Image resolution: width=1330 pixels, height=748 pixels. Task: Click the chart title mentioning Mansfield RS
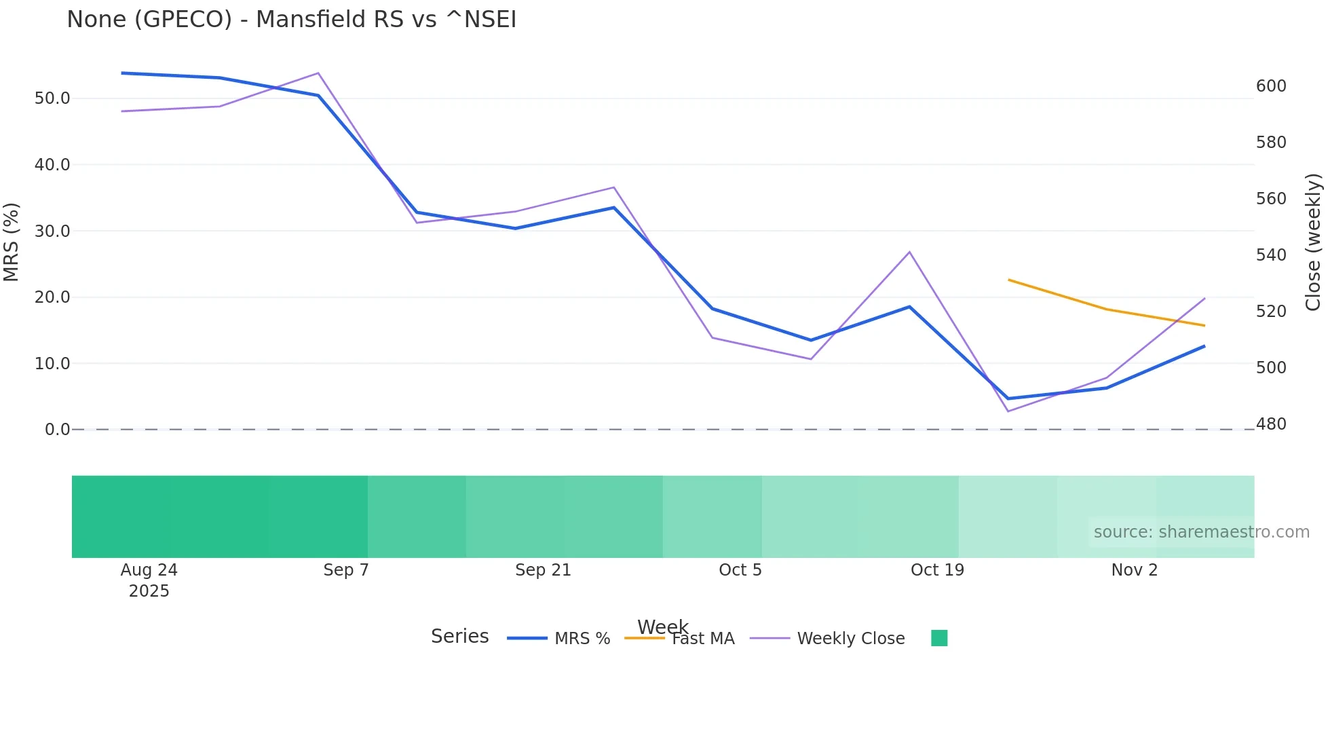point(291,20)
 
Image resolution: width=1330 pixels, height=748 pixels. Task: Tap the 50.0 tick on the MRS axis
point(52,98)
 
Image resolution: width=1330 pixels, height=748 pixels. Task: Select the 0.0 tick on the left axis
point(57,430)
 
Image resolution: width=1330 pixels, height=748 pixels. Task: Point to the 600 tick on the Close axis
point(1271,86)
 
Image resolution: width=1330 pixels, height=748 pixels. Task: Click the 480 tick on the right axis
point(1271,424)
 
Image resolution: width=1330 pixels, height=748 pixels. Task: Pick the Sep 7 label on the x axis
point(346,570)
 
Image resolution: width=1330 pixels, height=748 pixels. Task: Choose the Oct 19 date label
point(937,570)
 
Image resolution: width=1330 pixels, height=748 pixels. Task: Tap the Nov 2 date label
point(1134,570)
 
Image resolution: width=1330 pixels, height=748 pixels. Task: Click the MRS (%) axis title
point(12,242)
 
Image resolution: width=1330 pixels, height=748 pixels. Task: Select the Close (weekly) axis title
point(1313,242)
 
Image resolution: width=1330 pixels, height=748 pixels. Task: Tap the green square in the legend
point(939,638)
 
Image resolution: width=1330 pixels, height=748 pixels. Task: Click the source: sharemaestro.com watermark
point(1201,532)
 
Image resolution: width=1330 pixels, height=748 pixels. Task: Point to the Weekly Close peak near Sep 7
point(318,73)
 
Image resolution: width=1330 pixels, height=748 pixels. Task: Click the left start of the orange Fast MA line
point(1009,280)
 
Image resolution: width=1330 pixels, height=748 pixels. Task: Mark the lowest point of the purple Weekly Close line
point(1008,411)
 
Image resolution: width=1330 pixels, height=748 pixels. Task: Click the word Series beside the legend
point(459,637)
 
